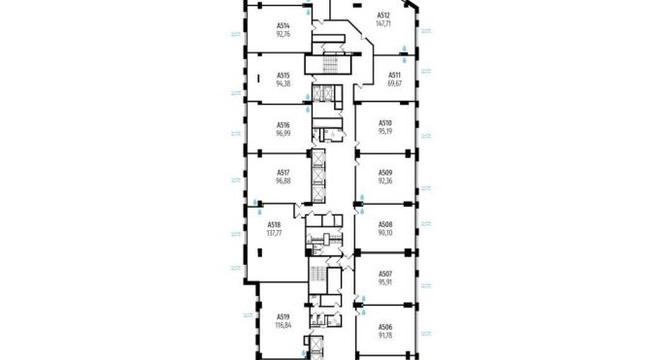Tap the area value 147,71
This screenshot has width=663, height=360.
[x=383, y=24]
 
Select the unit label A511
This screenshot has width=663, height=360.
[x=395, y=75]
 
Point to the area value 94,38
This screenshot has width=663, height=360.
[x=283, y=83]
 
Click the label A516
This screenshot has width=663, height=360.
[x=283, y=124]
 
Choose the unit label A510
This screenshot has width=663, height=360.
[x=385, y=122]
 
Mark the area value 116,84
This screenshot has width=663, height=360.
[x=283, y=325]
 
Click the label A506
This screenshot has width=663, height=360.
[x=385, y=327]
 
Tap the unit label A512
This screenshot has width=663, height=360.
[x=383, y=16]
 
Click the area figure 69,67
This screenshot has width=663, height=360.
[x=395, y=83]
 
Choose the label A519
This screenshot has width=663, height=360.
[x=283, y=316]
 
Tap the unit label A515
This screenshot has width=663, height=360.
[x=283, y=75]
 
